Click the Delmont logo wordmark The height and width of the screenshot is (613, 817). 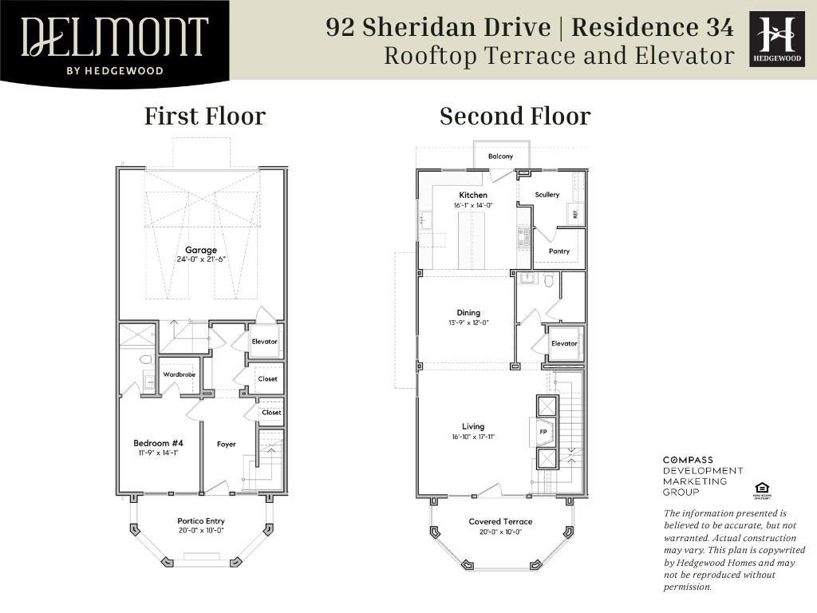click(x=114, y=37)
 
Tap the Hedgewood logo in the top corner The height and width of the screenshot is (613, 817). click(x=777, y=38)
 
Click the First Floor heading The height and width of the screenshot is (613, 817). click(x=205, y=117)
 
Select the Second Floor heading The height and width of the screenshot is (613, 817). click(x=515, y=117)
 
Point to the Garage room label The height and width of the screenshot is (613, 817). click(x=201, y=250)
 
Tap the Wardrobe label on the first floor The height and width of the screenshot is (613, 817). click(x=180, y=374)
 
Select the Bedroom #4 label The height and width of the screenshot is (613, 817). click(x=158, y=443)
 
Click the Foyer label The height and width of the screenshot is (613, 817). click(x=227, y=444)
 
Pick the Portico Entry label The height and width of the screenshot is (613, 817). click(x=201, y=521)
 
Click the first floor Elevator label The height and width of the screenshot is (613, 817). click(x=264, y=342)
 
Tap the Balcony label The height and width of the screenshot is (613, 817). click(x=500, y=156)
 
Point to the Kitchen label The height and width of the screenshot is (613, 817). click(x=473, y=195)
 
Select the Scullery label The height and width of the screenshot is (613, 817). click(x=547, y=195)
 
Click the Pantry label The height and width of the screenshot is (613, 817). click(x=559, y=251)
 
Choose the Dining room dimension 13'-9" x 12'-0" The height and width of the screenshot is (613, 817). click(x=469, y=322)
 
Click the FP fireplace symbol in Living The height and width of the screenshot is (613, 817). click(x=543, y=432)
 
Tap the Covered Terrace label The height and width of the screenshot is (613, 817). click(x=500, y=522)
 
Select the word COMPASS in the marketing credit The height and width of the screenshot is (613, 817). click(x=689, y=461)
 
